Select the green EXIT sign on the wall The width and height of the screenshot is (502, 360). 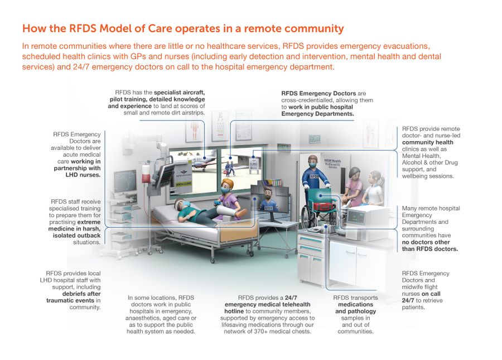[x=315, y=137]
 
